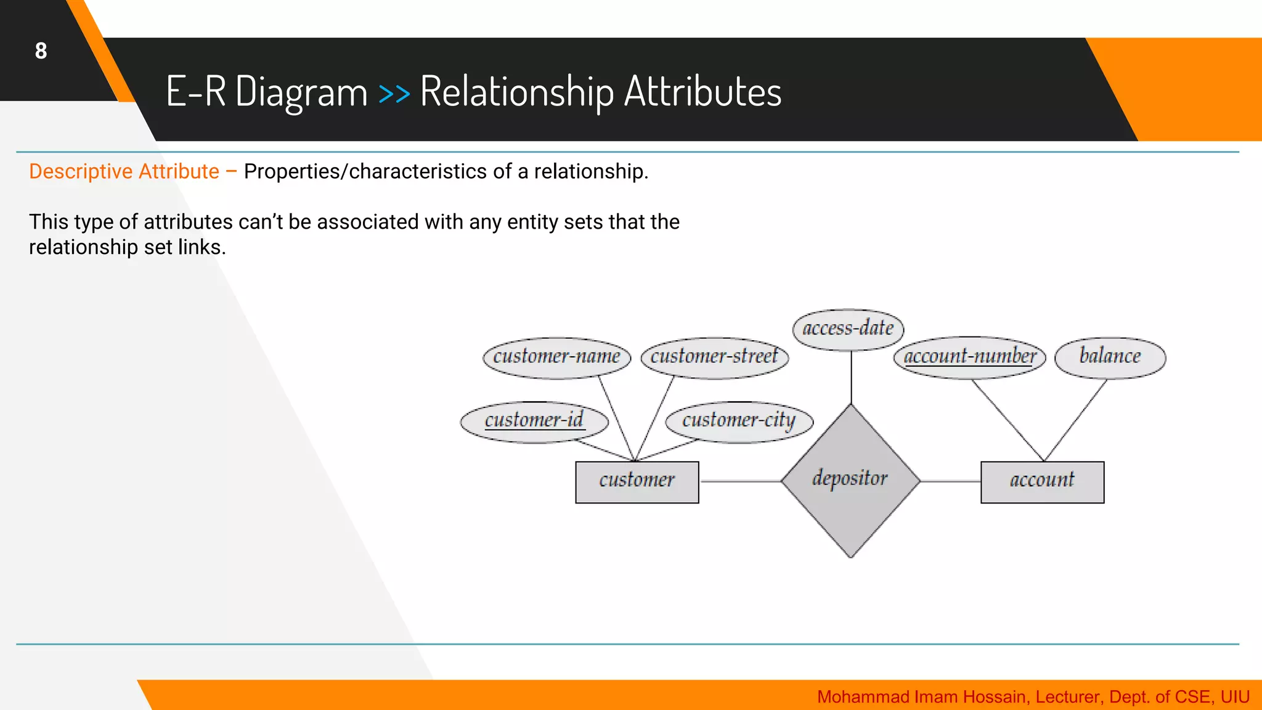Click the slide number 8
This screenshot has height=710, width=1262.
[x=41, y=51]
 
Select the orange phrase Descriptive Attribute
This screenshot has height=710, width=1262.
[x=124, y=171]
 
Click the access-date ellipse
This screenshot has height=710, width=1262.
[x=848, y=329]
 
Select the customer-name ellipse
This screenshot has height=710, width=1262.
[x=556, y=357]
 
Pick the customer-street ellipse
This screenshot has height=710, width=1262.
[x=714, y=357]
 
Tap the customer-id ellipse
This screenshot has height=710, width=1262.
[x=534, y=421]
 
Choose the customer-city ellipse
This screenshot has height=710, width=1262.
[x=739, y=421]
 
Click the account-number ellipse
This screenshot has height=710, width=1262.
[x=969, y=357]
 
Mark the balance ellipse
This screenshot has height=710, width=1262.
[x=1110, y=357]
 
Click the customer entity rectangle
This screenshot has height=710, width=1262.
[x=637, y=481]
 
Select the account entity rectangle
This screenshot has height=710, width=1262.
[x=1042, y=481]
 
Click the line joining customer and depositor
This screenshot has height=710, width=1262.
[x=739, y=481]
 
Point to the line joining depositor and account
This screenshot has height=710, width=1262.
[x=950, y=481]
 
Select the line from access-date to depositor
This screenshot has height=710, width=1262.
[x=851, y=377]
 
